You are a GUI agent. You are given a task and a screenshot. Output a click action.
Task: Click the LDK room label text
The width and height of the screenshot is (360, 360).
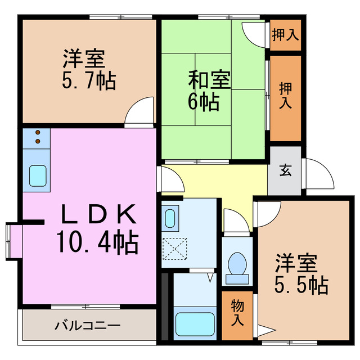pyautogui.click(x=98, y=214)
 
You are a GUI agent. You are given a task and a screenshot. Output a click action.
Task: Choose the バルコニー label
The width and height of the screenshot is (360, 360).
pyautogui.click(x=87, y=326)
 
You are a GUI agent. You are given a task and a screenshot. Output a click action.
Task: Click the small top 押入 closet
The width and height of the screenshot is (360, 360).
pyautogui.click(x=285, y=35)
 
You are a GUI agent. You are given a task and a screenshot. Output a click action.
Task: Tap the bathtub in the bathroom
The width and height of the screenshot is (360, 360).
pyautogui.click(x=195, y=323)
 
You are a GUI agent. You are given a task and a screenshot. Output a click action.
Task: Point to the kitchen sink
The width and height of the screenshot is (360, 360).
pyautogui.click(x=37, y=176)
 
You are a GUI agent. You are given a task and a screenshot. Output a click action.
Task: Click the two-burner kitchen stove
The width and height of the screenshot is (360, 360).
pyautogui.click(x=37, y=137)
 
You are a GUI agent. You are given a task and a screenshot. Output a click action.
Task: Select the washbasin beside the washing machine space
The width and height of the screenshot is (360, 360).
pyautogui.click(x=170, y=217)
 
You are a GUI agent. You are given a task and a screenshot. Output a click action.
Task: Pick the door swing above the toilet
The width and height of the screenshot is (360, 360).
pyautogui.click(x=235, y=220)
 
